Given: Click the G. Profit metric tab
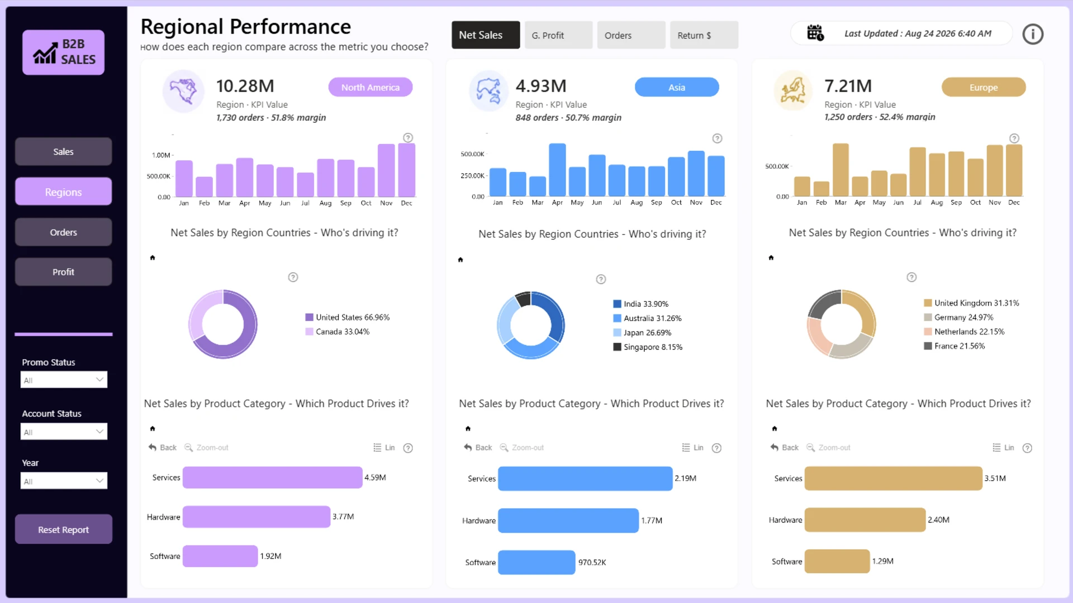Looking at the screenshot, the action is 558,35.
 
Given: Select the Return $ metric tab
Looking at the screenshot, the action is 704,35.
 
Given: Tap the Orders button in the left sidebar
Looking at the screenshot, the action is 63,232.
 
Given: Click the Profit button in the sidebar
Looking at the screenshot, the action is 63,272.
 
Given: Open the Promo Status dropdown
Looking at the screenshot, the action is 64,380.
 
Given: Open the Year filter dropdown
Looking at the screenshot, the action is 64,481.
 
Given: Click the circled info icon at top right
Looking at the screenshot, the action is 1033,35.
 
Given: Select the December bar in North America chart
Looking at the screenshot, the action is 407,170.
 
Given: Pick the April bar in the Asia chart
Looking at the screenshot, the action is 557,170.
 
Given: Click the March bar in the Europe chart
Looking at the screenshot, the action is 841,170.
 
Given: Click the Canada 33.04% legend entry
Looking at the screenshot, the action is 338,332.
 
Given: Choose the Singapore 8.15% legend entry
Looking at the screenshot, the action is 648,347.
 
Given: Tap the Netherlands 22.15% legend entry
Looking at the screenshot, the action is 964,332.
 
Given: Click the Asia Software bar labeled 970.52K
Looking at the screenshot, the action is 536,562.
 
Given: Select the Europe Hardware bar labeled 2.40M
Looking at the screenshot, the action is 865,520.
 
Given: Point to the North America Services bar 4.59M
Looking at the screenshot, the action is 273,477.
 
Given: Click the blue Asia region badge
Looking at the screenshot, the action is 677,87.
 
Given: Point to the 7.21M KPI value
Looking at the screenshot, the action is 848,86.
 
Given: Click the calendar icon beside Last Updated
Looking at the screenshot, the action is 815,33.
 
